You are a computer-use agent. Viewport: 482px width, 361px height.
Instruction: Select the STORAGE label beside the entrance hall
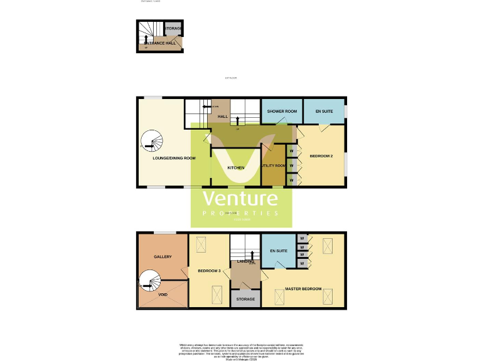coord(173,29)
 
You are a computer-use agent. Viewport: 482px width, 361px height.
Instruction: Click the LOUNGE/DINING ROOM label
coord(174,159)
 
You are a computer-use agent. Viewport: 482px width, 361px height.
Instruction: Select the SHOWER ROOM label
coord(282,112)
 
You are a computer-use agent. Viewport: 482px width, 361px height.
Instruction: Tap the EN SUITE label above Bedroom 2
coord(324,112)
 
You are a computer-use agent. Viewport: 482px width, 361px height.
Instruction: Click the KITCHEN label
coord(235,168)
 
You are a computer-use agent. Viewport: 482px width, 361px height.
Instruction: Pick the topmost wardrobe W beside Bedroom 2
coord(292,151)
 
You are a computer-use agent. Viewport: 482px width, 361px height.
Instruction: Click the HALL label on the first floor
coord(222,117)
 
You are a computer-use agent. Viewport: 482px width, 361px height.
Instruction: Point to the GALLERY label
coord(163,257)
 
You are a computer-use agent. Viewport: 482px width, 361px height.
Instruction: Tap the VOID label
coord(163,295)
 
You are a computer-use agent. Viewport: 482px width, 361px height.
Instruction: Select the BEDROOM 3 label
coord(209,271)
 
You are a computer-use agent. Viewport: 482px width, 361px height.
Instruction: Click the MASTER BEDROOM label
coord(304,289)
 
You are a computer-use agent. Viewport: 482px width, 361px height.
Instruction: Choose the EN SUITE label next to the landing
coord(278,251)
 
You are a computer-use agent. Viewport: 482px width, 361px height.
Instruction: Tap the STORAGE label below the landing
coord(245,300)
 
